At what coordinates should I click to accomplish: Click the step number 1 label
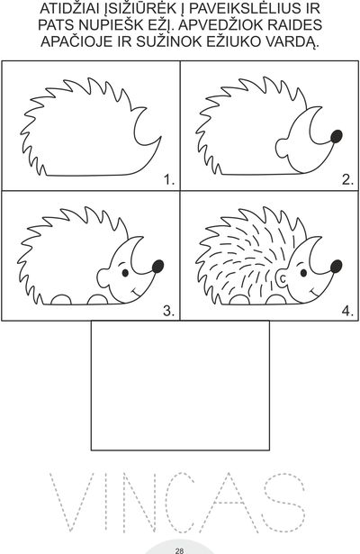169,180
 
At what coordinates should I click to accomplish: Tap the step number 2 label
347,180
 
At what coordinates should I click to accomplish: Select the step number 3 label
169,311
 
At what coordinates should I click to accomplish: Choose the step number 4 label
347,311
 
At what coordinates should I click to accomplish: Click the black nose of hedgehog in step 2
337,136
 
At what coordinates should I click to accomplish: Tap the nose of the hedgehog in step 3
158,267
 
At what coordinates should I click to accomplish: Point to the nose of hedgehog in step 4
337,267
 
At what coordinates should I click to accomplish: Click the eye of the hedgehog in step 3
125,273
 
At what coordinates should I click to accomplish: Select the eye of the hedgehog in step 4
303,273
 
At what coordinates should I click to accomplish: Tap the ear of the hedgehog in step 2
282,149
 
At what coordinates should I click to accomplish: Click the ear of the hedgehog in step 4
283,278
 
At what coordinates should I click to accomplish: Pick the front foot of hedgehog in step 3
97,300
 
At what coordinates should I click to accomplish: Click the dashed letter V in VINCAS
72,502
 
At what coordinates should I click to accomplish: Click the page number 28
179,550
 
